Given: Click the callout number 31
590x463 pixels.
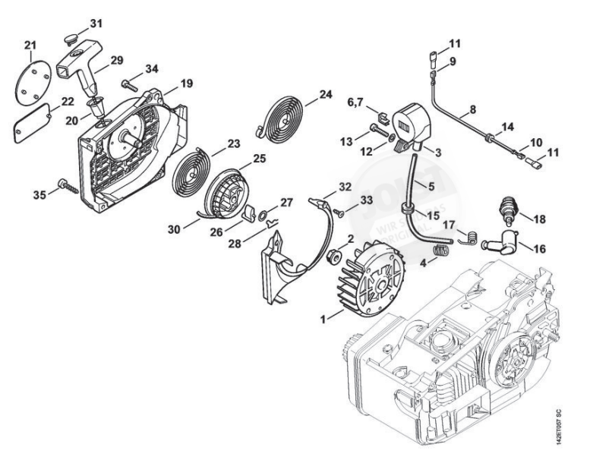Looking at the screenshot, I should point(95,23).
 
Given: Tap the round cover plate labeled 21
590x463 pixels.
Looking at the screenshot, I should point(33,78).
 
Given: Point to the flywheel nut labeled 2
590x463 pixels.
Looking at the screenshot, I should point(331,258).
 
